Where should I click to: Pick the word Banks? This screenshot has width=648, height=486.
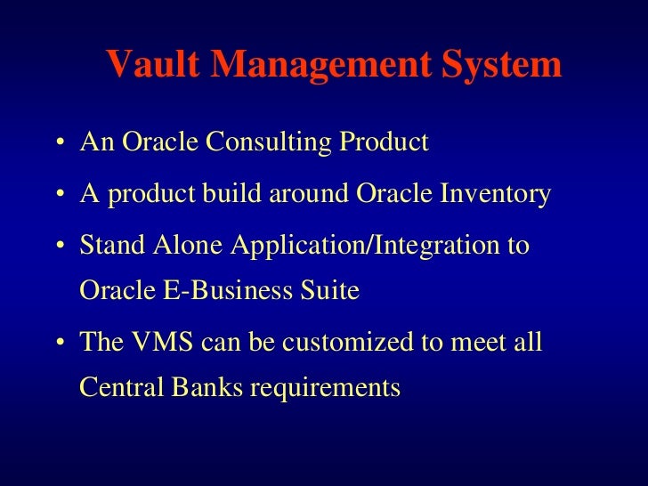coord(189,389)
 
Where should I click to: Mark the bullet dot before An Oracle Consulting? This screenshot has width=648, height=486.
coord(58,144)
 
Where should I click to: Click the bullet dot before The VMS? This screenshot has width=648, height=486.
coord(58,344)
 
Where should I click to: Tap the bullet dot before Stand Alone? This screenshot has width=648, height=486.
coord(58,246)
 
